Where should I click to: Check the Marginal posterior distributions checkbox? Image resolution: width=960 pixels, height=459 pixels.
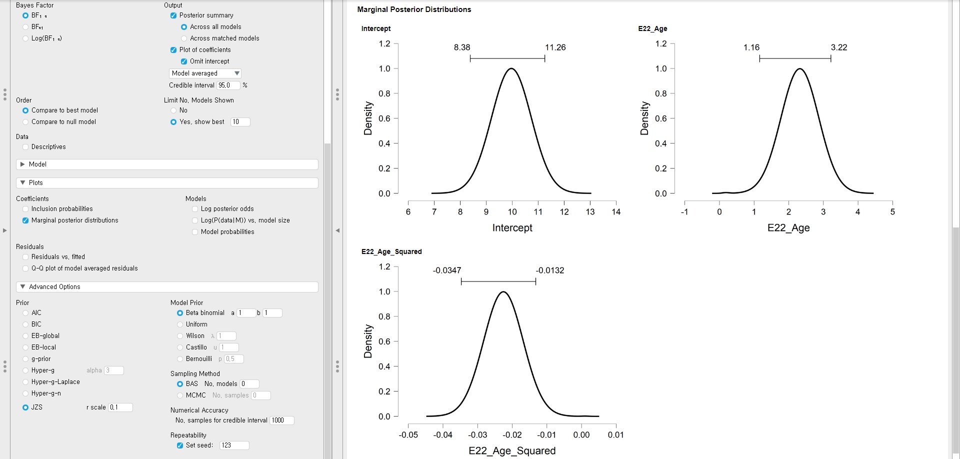(25, 220)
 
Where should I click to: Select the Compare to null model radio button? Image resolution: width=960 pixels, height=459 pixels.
(25, 122)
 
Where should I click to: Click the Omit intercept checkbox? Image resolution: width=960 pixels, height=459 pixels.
(184, 61)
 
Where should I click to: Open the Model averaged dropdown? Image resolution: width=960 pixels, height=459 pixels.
(205, 73)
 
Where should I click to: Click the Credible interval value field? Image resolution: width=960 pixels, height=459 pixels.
(228, 85)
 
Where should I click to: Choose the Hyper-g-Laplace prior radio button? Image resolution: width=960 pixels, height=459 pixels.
(25, 382)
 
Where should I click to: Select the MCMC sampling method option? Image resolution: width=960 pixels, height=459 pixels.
(180, 395)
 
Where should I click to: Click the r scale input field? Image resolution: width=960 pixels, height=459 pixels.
(120, 407)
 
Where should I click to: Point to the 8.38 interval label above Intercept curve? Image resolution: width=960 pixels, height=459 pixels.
(462, 47)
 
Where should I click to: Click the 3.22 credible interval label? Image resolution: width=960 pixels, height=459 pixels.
(839, 47)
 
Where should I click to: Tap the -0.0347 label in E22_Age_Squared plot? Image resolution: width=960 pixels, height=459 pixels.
(447, 270)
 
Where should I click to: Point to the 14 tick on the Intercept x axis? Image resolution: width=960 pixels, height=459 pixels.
(616, 212)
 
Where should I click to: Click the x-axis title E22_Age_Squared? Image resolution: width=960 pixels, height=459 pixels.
(512, 450)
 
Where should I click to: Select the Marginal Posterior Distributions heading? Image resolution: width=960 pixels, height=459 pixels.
(414, 9)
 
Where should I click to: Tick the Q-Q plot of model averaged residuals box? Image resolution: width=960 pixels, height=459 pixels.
(25, 268)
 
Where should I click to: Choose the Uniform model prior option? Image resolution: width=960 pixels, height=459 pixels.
(180, 324)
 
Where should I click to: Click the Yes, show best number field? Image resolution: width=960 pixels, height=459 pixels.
(240, 122)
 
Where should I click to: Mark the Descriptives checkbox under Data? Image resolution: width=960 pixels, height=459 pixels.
(25, 147)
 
